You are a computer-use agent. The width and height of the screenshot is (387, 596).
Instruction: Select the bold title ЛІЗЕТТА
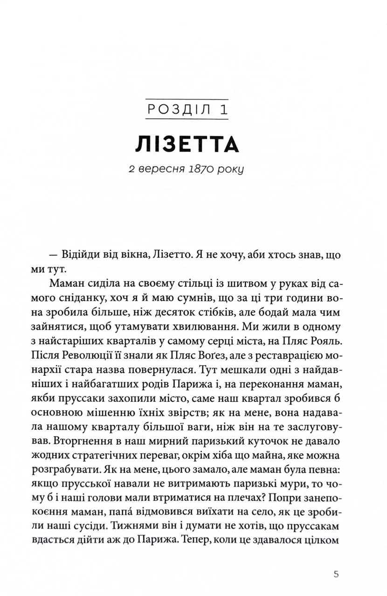(187, 145)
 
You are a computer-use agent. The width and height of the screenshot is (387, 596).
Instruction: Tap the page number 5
(336, 574)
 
